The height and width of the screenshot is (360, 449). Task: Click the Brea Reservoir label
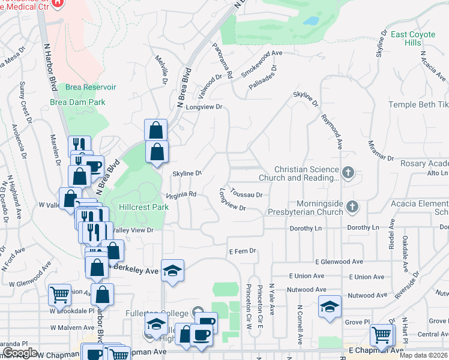pyautogui.click(x=91, y=88)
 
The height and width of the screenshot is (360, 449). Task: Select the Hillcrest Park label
pyautogui.click(x=143, y=207)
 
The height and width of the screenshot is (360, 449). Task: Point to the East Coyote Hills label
pyautogui.click(x=413, y=39)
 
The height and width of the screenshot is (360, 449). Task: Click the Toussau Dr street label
pyautogui.click(x=247, y=195)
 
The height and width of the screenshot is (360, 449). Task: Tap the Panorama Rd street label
pyautogui.click(x=223, y=61)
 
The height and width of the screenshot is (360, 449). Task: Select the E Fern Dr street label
pyautogui.click(x=243, y=251)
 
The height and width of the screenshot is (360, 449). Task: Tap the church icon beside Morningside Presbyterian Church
pyautogui.click(x=352, y=207)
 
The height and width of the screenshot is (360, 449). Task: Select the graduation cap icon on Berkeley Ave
pyautogui.click(x=172, y=271)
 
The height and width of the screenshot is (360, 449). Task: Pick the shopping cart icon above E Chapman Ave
pyautogui.click(x=382, y=336)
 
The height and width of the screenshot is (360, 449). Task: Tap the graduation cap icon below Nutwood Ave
pyautogui.click(x=330, y=307)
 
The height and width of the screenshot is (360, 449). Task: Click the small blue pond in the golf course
pyautogui.click(x=311, y=20)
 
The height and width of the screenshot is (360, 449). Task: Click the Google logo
pyautogui.click(x=20, y=353)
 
